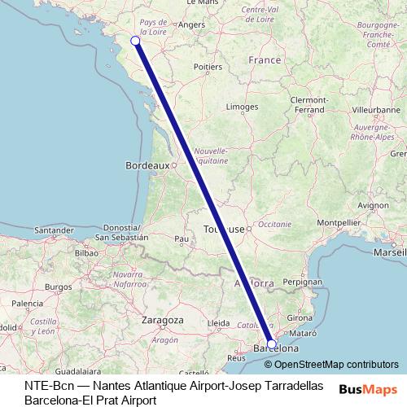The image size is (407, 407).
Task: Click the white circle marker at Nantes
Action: click(x=135, y=41)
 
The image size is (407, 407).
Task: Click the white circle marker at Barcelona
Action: click(x=272, y=344)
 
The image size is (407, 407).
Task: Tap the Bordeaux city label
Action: click(x=147, y=165)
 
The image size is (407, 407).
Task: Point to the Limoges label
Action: click(x=242, y=107)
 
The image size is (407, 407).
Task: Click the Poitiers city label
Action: click(x=208, y=67)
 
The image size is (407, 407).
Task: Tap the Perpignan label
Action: click(x=300, y=281)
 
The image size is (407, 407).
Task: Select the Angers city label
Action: click(x=191, y=24)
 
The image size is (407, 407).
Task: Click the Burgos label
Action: click(x=59, y=287)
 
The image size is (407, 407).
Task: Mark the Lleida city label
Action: click(x=218, y=323)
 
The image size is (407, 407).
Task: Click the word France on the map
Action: click(x=265, y=60)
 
